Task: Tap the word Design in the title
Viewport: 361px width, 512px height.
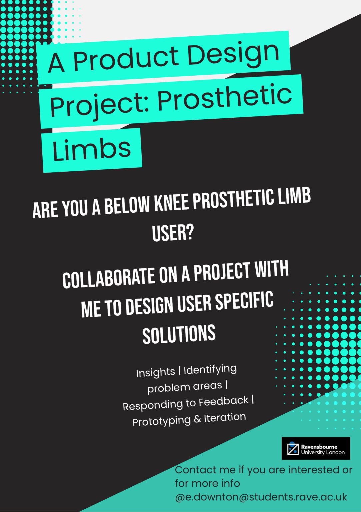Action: (233, 53)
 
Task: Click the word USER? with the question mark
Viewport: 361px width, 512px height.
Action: (173, 232)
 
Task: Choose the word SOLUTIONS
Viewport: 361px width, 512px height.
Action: (179, 334)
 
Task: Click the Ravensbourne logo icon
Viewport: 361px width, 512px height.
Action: (293, 448)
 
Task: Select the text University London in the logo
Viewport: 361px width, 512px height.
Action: (323, 452)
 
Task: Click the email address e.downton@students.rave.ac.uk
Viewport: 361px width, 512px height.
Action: (261, 497)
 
